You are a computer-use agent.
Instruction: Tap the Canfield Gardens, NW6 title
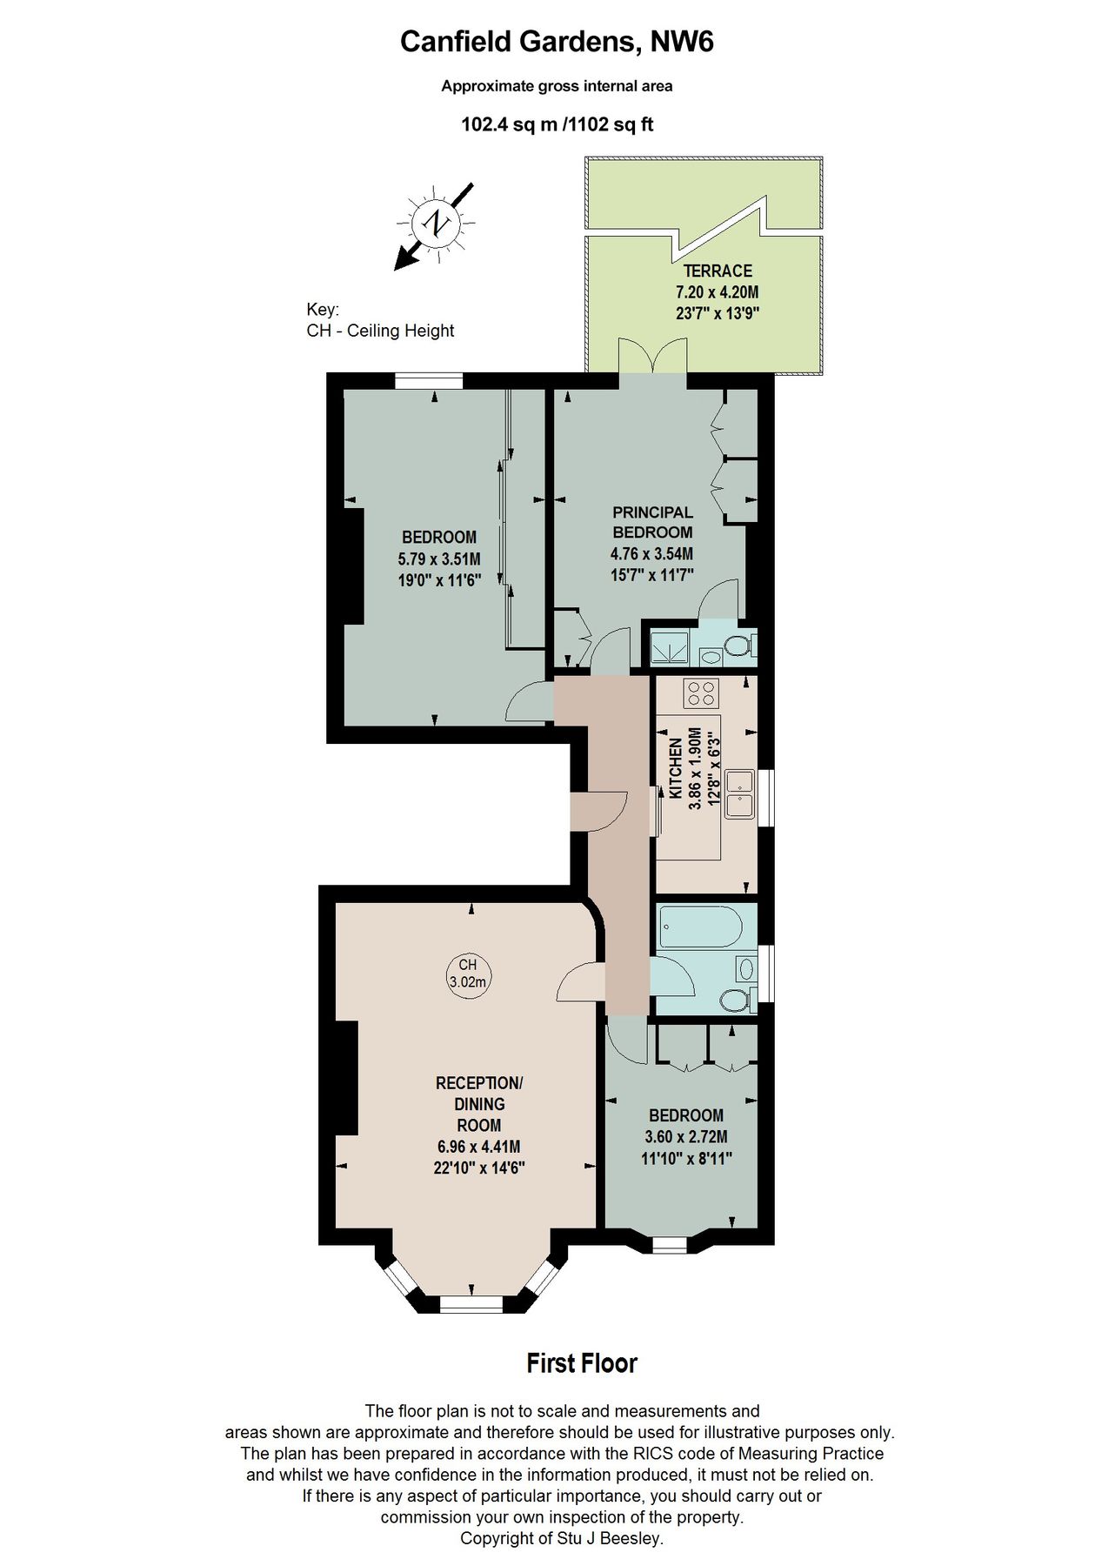click(x=557, y=42)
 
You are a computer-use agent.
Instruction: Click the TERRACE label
click(x=718, y=271)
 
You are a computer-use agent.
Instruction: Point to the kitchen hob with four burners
click(x=701, y=693)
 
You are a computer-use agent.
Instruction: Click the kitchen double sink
click(x=740, y=793)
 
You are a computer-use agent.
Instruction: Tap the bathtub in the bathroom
click(x=700, y=927)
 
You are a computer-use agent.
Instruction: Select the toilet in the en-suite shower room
click(x=738, y=646)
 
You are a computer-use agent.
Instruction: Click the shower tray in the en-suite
click(x=671, y=646)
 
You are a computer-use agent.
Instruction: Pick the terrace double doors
click(x=653, y=357)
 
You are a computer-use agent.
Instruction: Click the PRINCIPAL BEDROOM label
click(x=652, y=522)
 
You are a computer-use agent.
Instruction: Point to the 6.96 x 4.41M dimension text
click(x=479, y=1147)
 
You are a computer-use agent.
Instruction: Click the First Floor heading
click(x=581, y=1363)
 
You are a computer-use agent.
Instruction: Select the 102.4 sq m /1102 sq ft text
click(x=557, y=124)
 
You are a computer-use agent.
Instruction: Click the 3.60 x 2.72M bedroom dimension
click(x=686, y=1136)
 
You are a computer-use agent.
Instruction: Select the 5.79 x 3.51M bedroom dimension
click(x=439, y=559)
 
